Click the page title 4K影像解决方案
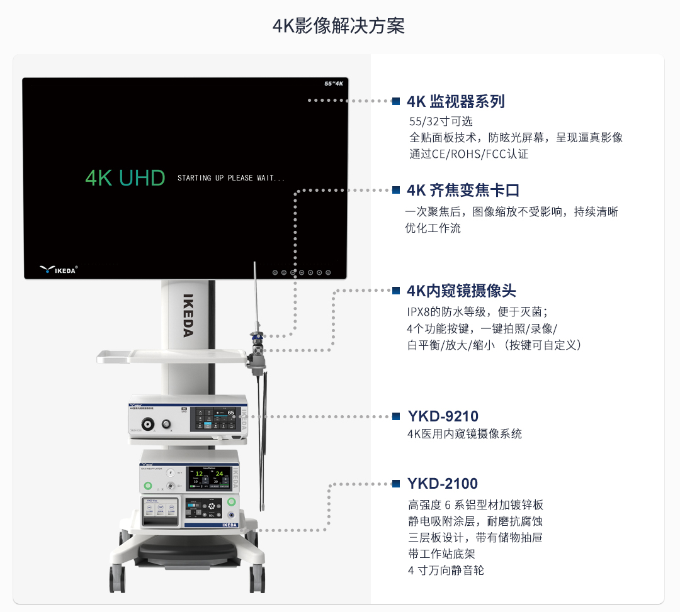click(339, 26)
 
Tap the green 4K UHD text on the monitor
click(125, 178)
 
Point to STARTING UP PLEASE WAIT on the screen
click(230, 178)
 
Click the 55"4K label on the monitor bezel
click(333, 83)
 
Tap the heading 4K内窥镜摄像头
click(462, 291)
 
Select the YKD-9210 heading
click(443, 416)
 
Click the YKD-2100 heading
click(443, 484)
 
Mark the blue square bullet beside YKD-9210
click(396, 416)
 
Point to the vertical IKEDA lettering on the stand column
click(188, 314)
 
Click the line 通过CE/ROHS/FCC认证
click(469, 154)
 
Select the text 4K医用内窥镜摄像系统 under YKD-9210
click(465, 434)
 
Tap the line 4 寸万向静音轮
click(446, 570)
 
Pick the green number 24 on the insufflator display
click(218, 474)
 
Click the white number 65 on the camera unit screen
click(231, 413)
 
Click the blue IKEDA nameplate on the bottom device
click(230, 524)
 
